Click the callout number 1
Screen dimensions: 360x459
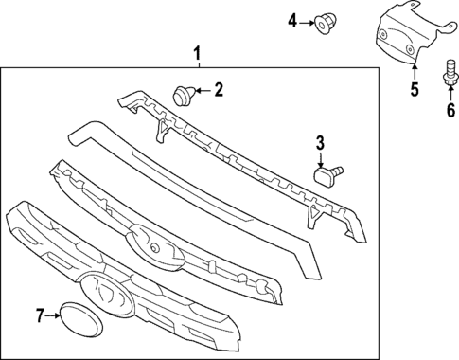[x=198, y=53]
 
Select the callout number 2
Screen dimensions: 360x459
[x=219, y=91]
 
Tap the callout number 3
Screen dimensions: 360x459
[x=320, y=143]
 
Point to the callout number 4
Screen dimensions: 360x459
[x=293, y=20]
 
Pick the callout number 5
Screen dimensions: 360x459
[x=414, y=91]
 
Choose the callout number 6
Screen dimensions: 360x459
[x=450, y=108]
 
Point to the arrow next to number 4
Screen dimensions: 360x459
[x=309, y=20]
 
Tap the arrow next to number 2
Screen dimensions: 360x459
[x=202, y=92]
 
